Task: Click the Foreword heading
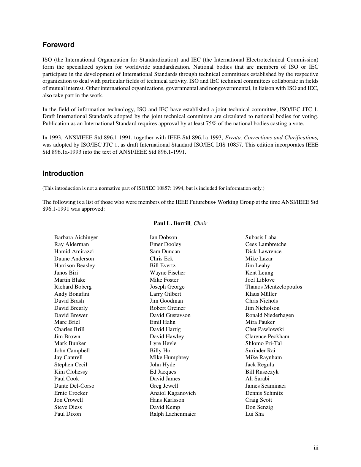click(59, 45)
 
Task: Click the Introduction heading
click(63, 174)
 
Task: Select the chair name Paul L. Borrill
click(172, 223)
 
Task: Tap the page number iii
click(316, 448)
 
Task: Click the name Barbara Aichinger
click(76, 237)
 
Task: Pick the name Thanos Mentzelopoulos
click(274, 287)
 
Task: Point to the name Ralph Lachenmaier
click(173, 414)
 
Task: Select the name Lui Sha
click(255, 414)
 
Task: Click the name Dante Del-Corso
click(74, 386)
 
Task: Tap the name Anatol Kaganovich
click(173, 393)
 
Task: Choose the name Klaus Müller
click(261, 294)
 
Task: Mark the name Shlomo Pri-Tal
click(263, 343)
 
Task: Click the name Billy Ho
click(160, 350)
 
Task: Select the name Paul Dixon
click(68, 414)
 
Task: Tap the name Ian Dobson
click(163, 237)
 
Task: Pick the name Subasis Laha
click(261, 237)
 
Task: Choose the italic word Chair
click(200, 223)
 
